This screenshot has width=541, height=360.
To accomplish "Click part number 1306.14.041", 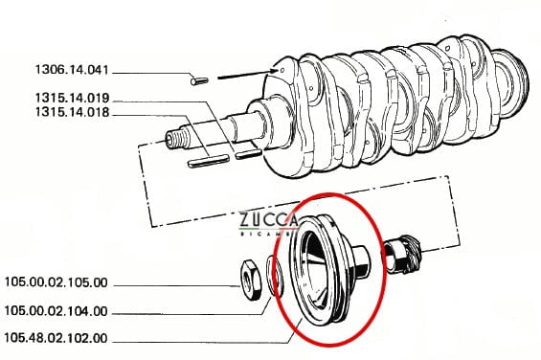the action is pos(72,70).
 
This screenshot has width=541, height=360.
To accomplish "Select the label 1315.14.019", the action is pos(72,98).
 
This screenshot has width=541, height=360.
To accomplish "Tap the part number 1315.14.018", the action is pos(72,113).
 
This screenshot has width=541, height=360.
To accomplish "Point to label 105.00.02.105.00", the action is pos(56,282).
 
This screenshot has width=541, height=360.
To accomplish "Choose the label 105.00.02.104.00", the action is pos(56,311).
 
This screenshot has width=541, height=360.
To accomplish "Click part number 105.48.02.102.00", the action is pos(56,338).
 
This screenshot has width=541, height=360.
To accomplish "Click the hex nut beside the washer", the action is pos(252,280).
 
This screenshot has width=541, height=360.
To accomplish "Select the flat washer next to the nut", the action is pos(275,276).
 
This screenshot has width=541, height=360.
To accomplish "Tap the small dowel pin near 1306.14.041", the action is pos(199,81).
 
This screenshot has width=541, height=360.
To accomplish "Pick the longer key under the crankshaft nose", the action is pos(208,161).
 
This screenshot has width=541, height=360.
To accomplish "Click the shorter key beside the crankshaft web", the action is pos(248,154).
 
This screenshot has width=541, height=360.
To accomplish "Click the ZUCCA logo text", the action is pos(268,220).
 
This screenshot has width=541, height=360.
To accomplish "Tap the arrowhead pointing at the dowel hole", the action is pos(275,71).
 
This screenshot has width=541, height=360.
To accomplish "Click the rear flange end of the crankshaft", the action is pos(510,82).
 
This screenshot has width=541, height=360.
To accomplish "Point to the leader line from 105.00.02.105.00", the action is pos(176,285).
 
